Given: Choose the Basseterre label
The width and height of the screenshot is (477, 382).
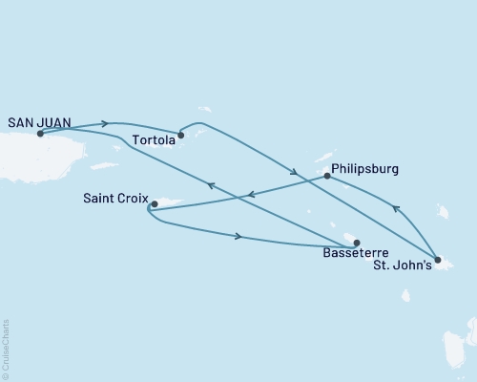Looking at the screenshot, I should click(x=356, y=255).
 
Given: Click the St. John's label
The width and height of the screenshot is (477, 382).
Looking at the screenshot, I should click(x=404, y=266).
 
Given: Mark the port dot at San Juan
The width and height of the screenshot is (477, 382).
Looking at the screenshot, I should click(x=40, y=134).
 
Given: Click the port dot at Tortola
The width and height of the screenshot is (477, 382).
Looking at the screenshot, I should click(x=181, y=135).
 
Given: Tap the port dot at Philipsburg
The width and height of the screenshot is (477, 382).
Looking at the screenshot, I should click(x=327, y=176).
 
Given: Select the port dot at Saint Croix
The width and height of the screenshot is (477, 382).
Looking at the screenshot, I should click(x=155, y=203).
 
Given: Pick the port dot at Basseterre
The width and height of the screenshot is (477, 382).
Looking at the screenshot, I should click(x=357, y=243).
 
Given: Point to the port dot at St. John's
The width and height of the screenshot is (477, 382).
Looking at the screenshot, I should click(x=437, y=260).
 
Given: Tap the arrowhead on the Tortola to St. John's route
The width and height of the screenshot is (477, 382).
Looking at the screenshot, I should click(x=297, y=174).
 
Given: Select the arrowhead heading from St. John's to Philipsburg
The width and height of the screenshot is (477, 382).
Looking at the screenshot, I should click(x=397, y=207).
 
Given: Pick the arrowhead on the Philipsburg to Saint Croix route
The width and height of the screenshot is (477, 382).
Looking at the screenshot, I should click(x=251, y=195).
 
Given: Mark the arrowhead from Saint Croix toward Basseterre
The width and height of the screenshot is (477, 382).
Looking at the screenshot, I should click(x=238, y=236).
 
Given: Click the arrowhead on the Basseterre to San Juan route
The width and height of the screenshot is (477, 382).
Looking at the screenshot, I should click(x=211, y=186).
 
